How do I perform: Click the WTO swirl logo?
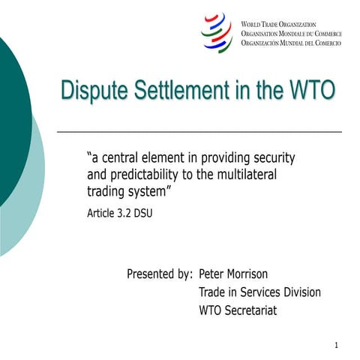coord(217,32)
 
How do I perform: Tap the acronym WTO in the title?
coord(307,91)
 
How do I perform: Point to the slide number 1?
coord(337,345)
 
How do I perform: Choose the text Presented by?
coord(160,274)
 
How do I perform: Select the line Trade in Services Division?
coord(259,292)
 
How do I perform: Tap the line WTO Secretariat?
coord(238,309)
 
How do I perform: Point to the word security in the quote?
coord(271,158)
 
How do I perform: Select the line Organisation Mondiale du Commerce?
coord(290,34)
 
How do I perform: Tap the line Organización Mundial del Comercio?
coord(290,44)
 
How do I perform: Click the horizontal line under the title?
coord(199,131)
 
